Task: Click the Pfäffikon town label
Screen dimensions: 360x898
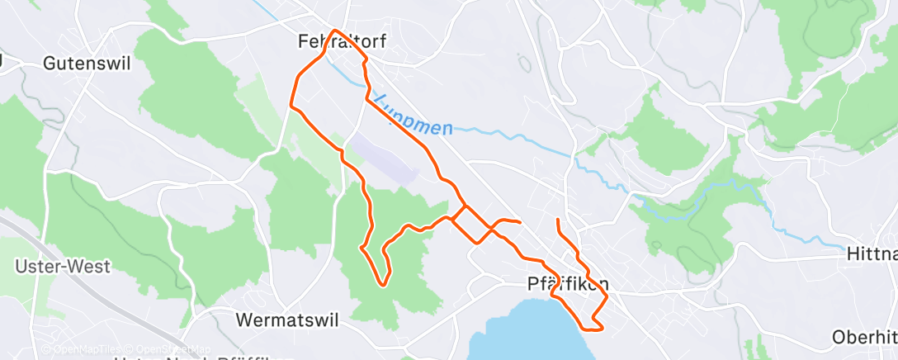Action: pyautogui.click(x=568, y=284)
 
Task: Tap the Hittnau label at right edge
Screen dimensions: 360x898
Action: pyautogui.click(x=872, y=256)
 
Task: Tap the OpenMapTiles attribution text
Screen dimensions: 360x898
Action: pyautogui.click(x=81, y=349)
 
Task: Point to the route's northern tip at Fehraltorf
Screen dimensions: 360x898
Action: pyautogui.click(x=334, y=31)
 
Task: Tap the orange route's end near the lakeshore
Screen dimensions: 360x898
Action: pyautogui.click(x=603, y=329)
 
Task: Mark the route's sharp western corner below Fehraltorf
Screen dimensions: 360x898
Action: pyautogui.click(x=291, y=105)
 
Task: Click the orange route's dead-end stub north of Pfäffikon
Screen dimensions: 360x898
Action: pyautogui.click(x=559, y=220)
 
